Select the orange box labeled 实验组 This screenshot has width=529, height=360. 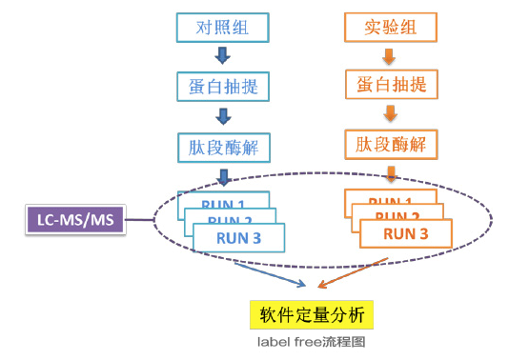coord(388,27)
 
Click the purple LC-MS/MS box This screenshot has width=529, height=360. coord(75,220)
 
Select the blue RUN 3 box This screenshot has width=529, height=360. coord(238,237)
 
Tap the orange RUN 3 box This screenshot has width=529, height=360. coord(405,232)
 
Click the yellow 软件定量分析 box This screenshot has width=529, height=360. coord(304,313)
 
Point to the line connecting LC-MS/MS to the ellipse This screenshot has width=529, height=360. coord(139,221)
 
